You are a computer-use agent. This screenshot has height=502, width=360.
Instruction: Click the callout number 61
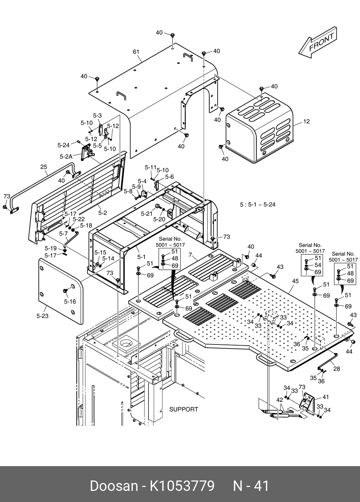[x=136, y=52]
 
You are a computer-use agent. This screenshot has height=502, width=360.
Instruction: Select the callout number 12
[x=306, y=122]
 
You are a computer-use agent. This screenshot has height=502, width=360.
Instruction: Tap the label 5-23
[x=42, y=316]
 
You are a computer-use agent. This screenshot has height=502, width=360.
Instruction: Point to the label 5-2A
[x=66, y=156]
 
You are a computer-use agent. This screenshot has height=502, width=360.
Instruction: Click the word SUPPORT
[x=184, y=409]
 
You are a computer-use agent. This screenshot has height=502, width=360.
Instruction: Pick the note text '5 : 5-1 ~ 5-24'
[x=257, y=205]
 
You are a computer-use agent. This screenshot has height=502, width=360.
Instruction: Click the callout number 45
[x=295, y=281]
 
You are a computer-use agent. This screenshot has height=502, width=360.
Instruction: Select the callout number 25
[x=44, y=167]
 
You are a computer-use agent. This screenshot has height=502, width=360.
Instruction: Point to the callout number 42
[x=279, y=400]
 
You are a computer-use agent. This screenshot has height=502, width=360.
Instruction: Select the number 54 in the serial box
[x=318, y=265]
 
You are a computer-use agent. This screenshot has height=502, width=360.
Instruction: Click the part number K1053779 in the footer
[x=182, y=486]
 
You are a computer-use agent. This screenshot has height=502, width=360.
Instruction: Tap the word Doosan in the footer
[x=114, y=486]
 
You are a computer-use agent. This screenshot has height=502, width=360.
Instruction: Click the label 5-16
[x=70, y=301]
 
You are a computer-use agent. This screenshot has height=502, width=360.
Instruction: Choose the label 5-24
[x=63, y=145]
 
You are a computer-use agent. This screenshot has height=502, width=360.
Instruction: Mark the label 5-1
[x=141, y=257]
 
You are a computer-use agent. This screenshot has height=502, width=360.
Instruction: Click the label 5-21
[x=147, y=214]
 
